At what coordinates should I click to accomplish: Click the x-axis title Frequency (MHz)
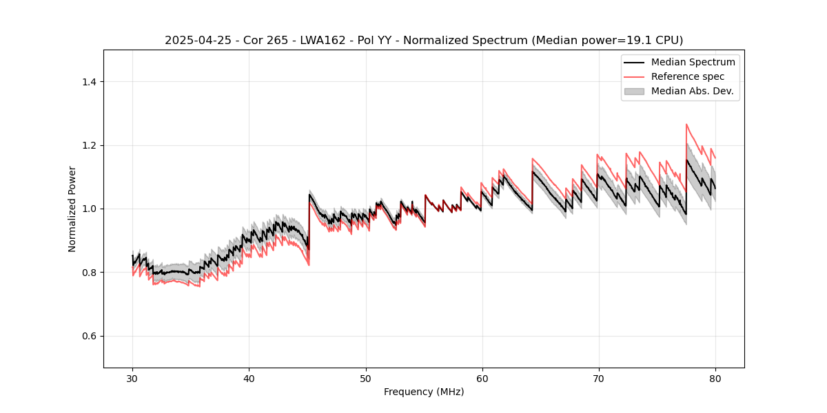point(424,392)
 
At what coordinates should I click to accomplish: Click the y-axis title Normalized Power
point(72,209)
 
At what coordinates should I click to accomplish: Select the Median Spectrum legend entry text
point(693,63)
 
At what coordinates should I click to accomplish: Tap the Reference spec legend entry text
point(687,76)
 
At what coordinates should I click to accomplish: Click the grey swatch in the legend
point(634,91)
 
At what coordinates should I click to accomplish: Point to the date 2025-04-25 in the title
point(195,41)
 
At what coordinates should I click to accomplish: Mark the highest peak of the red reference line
point(686,125)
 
